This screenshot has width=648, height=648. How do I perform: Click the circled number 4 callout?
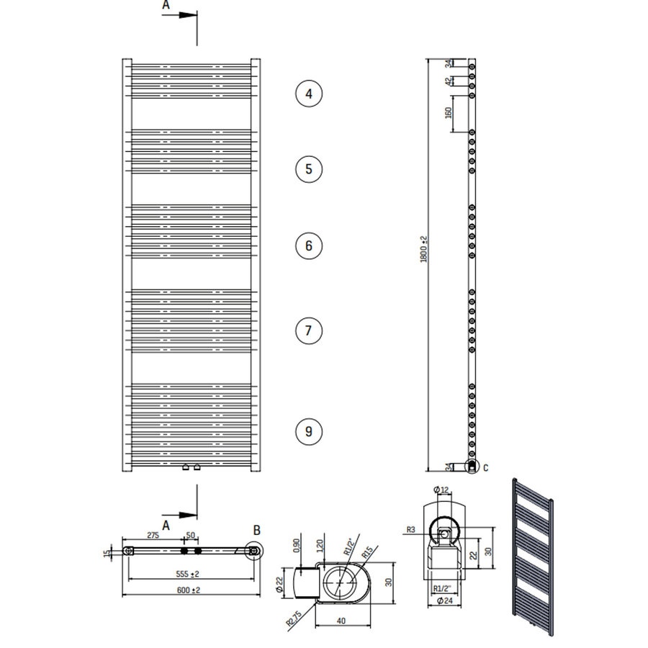pos(308,94)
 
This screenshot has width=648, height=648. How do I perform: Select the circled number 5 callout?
pos(308,169)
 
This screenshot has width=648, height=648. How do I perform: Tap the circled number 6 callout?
pos(308,246)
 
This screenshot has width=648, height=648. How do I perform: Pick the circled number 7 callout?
pos(308,330)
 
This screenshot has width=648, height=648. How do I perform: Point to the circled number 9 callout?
pos(308,431)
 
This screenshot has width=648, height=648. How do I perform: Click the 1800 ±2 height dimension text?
pos(425,248)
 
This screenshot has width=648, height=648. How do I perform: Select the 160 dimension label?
pos(448,113)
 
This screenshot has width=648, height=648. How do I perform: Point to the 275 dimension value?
pos(153,536)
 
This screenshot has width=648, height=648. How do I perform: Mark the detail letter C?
pos(485,468)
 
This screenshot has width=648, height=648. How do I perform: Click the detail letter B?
pos(256,531)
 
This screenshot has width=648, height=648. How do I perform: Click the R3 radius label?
pos(410,530)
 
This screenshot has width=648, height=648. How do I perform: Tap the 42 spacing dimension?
pos(448,82)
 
